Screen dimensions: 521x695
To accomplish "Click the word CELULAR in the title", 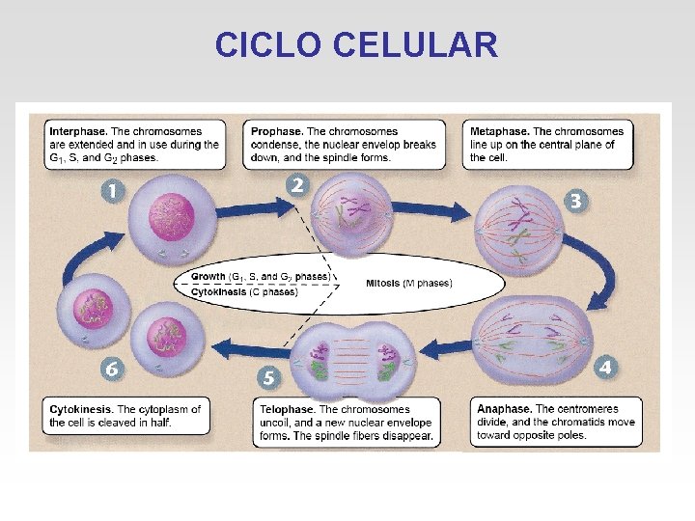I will click(415, 44).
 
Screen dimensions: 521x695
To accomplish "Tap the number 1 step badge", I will click(113, 190).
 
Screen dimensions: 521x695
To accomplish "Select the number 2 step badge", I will click(297, 183).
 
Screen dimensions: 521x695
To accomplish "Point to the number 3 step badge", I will click(575, 200).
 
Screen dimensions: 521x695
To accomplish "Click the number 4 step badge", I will click(604, 367).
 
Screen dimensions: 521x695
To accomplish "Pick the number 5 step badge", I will click(269, 377).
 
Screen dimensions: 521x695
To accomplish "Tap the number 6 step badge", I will click(113, 369).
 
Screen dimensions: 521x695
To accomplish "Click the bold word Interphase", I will click(77, 131).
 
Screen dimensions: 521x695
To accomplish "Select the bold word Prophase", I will click(276, 131).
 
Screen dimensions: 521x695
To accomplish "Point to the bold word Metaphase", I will click(498, 131).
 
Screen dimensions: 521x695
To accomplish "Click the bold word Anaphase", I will click(503, 409).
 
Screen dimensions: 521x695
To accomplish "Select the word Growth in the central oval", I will click(208, 276).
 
